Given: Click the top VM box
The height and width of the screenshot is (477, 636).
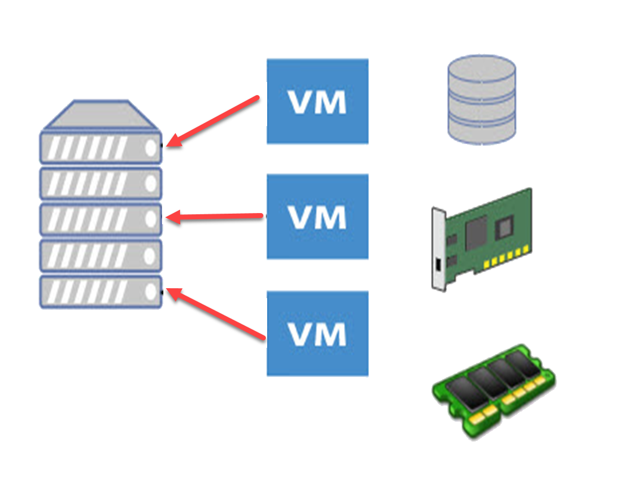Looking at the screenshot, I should pyautogui.click(x=317, y=101).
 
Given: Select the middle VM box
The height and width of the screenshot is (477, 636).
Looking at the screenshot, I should pyautogui.click(x=317, y=216).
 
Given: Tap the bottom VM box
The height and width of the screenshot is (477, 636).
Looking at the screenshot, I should pyautogui.click(x=317, y=334).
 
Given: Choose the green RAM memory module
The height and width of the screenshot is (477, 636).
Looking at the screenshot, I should pyautogui.click(x=493, y=391).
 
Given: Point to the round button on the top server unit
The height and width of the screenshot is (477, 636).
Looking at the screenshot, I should pyautogui.click(x=151, y=148).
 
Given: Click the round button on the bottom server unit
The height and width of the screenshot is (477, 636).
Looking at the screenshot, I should pyautogui.click(x=151, y=291).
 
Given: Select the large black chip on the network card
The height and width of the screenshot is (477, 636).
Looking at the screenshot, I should pyautogui.click(x=477, y=230).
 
